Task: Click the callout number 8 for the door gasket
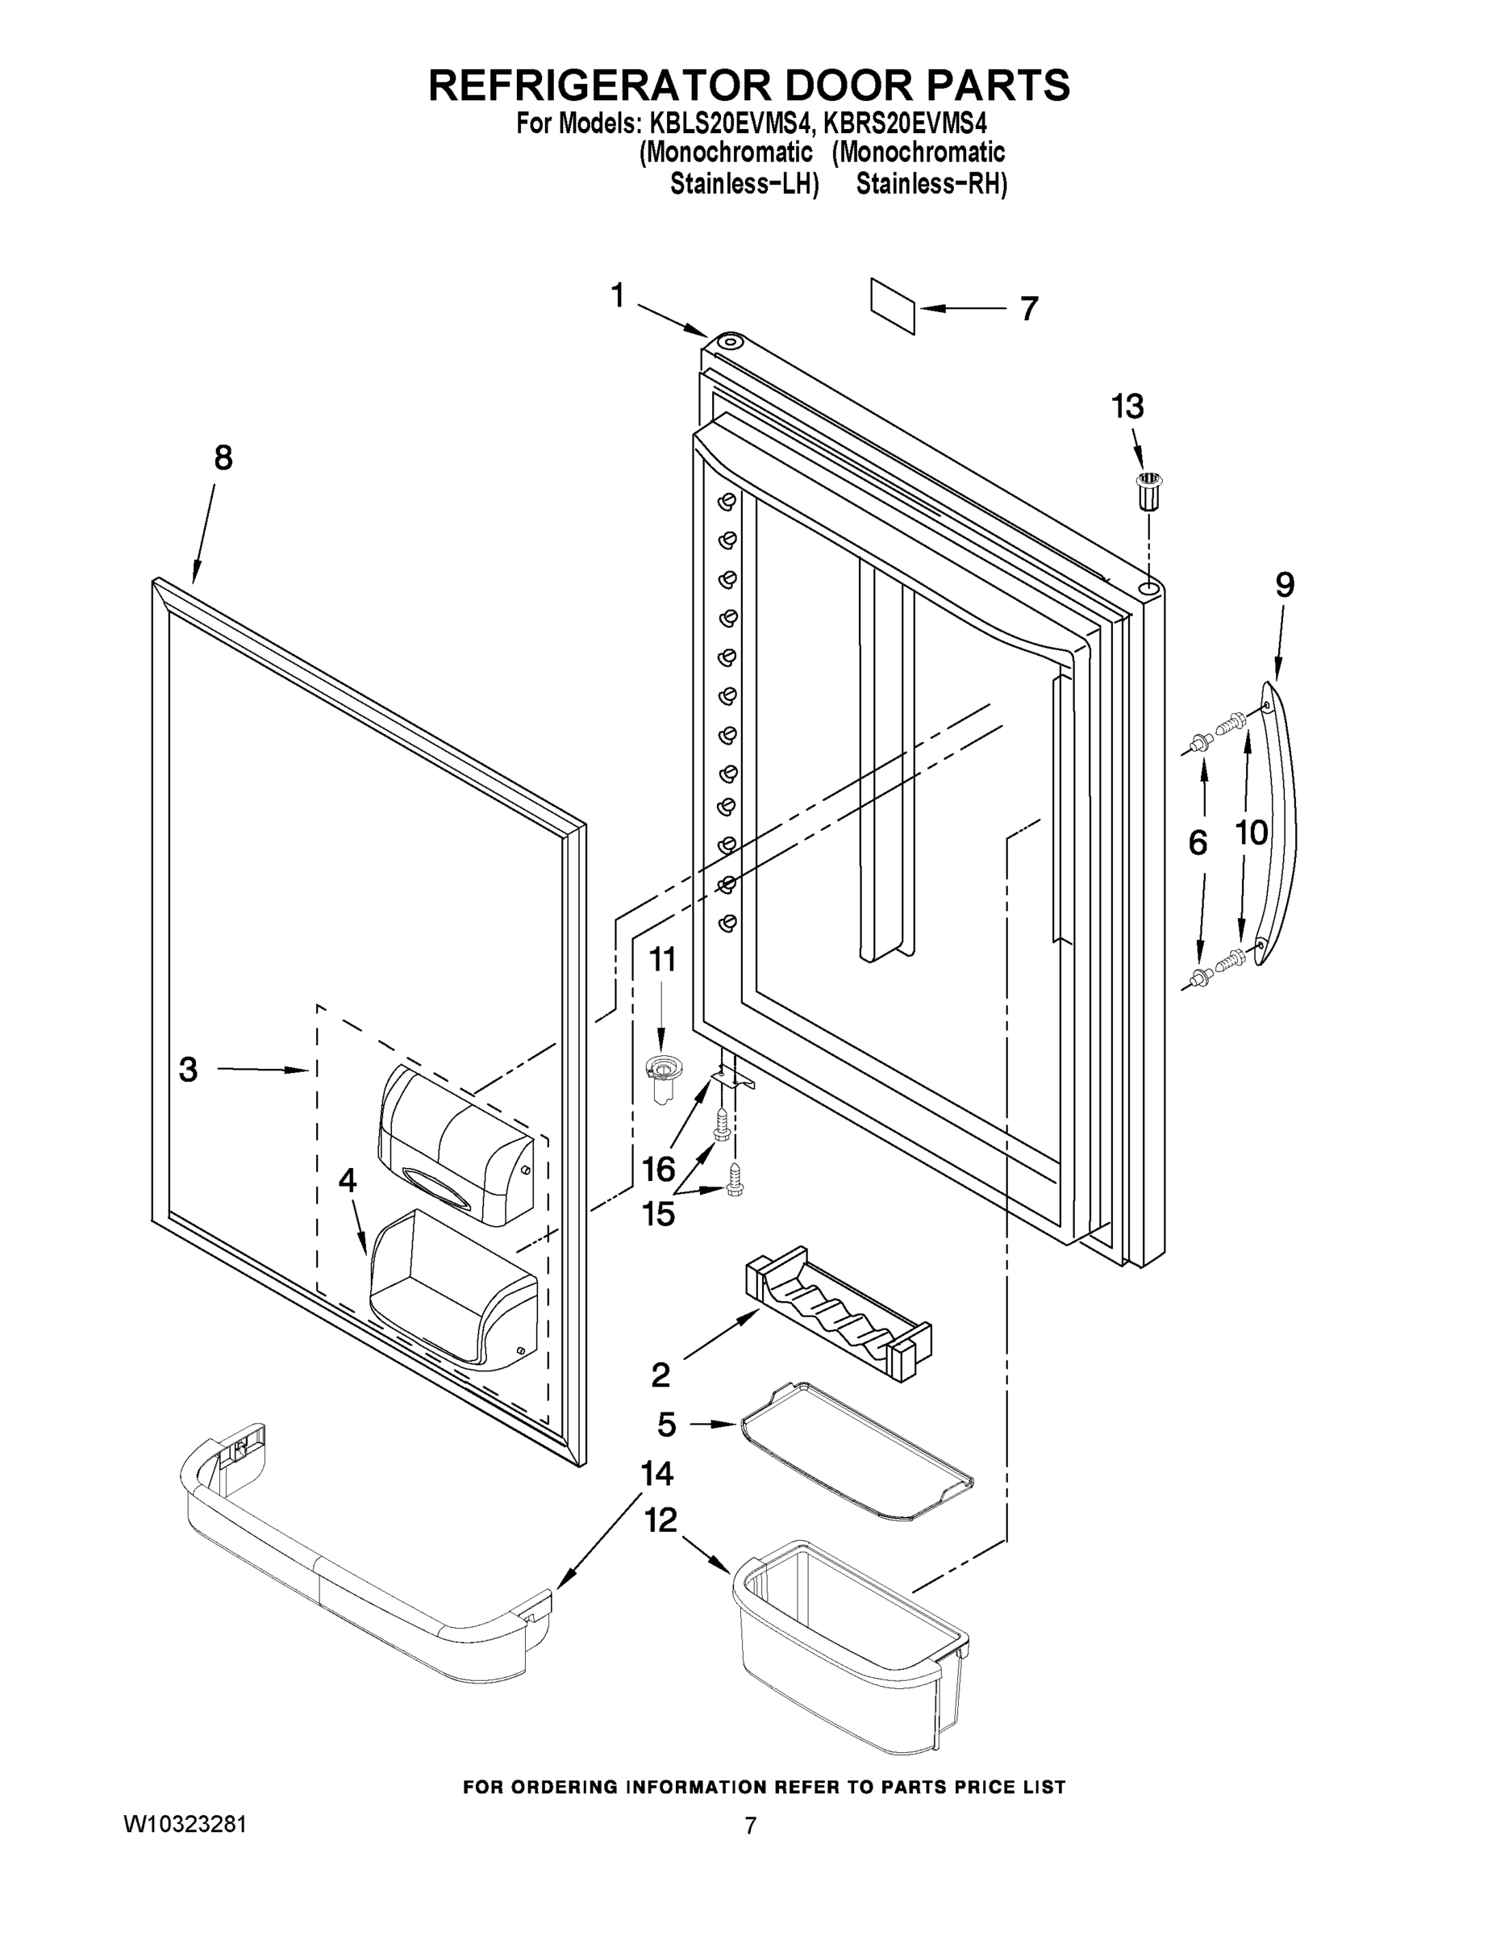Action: (x=223, y=457)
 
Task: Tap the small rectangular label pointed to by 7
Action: (x=892, y=306)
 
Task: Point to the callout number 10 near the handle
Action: (x=1252, y=832)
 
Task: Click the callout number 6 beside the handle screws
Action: (x=1198, y=843)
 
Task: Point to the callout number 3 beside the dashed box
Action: (x=188, y=1069)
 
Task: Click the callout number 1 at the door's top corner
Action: (x=618, y=295)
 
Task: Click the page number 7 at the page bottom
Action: (x=750, y=1826)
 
